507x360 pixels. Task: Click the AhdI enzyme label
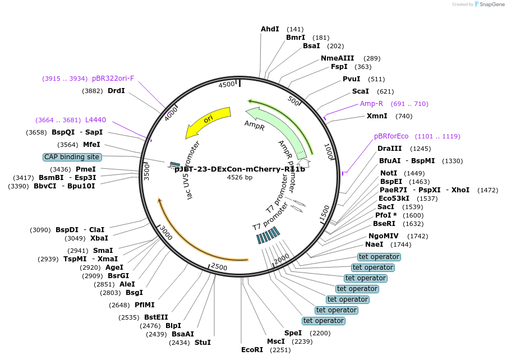270,29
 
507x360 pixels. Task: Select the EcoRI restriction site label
252,350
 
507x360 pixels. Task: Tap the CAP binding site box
72,157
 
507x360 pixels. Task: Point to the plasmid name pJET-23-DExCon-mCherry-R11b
239,169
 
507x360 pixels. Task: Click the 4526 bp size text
239,177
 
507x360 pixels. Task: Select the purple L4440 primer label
95,120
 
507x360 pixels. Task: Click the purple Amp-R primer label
371,104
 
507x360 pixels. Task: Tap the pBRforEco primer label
392,136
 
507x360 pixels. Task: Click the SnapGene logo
489,4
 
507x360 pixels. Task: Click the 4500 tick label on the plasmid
227,85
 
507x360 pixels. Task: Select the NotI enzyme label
388,173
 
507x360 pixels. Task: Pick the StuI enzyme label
202,343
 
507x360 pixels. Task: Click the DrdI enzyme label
116,91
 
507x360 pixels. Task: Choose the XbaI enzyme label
99,238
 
